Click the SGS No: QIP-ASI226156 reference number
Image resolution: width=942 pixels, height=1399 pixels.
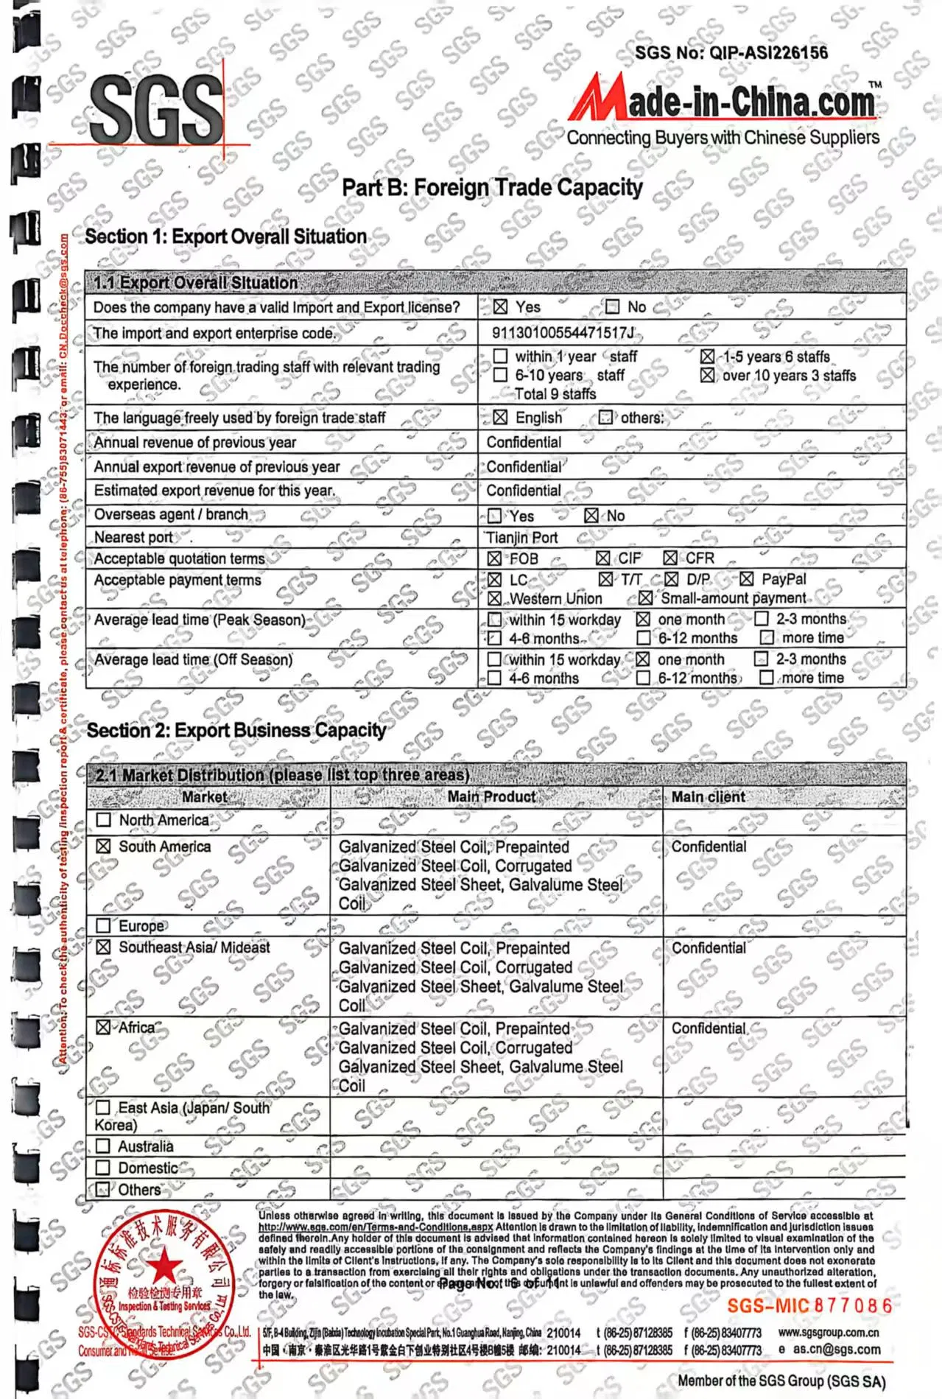tap(731, 53)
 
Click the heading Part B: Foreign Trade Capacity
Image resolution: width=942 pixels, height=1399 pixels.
tap(492, 188)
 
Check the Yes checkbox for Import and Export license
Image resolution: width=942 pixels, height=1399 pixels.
tap(501, 306)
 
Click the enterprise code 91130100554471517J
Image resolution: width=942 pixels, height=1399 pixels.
tap(563, 333)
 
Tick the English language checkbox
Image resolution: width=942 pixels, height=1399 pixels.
tap(500, 418)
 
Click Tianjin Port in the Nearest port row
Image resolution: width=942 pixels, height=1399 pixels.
tap(521, 538)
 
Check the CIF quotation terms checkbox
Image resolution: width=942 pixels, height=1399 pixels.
tap(603, 558)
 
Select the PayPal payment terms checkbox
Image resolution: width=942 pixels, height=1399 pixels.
tap(747, 579)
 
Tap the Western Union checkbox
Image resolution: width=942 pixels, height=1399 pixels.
tap(495, 598)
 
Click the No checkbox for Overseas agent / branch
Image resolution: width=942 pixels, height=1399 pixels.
tap(591, 516)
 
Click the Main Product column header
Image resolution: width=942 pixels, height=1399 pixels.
tap(491, 797)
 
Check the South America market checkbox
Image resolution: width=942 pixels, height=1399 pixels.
tap(104, 847)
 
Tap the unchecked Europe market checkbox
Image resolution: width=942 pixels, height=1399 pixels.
tap(104, 926)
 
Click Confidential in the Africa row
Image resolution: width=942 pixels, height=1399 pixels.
tap(709, 1028)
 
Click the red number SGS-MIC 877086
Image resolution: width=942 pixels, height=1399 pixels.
tap(809, 1306)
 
